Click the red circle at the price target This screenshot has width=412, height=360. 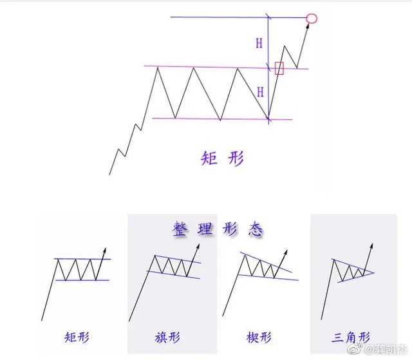[312, 18]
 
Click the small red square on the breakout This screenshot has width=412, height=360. [279, 68]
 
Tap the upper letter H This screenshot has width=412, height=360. [259, 43]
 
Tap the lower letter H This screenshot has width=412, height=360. [260, 92]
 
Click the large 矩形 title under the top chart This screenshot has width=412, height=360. [222, 158]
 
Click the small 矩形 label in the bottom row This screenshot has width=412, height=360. [76, 337]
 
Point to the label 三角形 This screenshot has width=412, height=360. [351, 337]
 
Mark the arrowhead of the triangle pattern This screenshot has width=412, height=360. [371, 245]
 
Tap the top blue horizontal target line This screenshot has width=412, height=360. [232, 17]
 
